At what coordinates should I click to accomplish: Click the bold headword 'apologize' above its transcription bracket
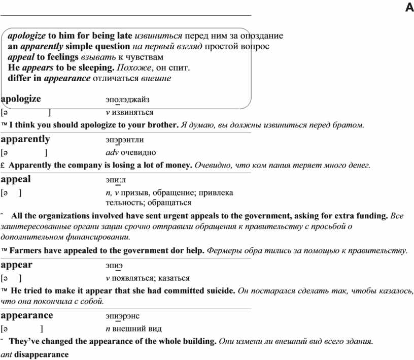[21, 100]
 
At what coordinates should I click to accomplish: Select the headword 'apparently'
[26, 139]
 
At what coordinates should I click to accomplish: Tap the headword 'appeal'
[16, 179]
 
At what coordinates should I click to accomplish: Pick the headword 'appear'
[17, 265]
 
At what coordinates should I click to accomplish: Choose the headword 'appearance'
[27, 315]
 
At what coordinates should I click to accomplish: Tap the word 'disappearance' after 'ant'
[42, 354]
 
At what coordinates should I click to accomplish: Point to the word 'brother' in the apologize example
[162, 125]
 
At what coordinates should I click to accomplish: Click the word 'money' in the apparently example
[178, 165]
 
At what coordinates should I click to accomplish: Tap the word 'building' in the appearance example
[200, 341]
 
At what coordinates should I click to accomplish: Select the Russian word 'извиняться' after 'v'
[133, 112]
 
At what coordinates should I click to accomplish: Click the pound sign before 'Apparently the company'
[4, 166]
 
